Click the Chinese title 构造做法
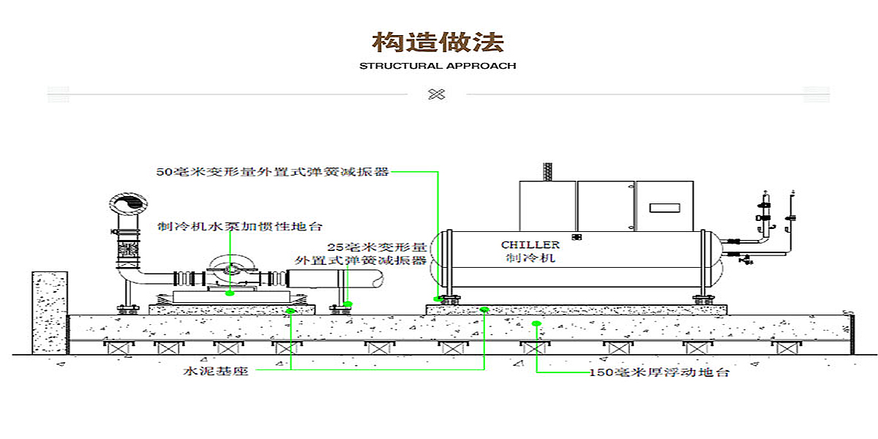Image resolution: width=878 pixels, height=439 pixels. (x=438, y=42)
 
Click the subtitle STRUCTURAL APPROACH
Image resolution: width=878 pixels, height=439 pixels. (x=438, y=66)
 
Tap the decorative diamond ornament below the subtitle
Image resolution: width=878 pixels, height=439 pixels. (x=437, y=94)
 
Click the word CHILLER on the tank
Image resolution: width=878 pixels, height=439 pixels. (x=530, y=245)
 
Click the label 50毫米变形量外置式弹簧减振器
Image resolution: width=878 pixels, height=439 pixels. (x=272, y=173)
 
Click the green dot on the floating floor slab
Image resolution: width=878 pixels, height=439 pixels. (x=536, y=323)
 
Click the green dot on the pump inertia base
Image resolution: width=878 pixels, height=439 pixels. (x=230, y=292)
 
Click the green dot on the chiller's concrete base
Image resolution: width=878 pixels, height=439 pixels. (x=484, y=310)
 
